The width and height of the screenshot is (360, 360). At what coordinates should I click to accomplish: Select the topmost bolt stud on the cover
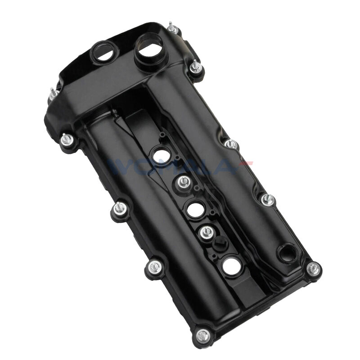(171, 28)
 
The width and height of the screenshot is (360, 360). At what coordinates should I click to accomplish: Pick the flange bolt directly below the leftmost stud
(66, 140)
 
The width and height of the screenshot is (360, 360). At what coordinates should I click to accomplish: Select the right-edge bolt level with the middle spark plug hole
(265, 201)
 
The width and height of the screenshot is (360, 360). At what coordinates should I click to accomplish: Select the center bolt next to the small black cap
(206, 233)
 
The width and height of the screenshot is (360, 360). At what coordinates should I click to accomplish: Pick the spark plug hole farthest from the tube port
(230, 266)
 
